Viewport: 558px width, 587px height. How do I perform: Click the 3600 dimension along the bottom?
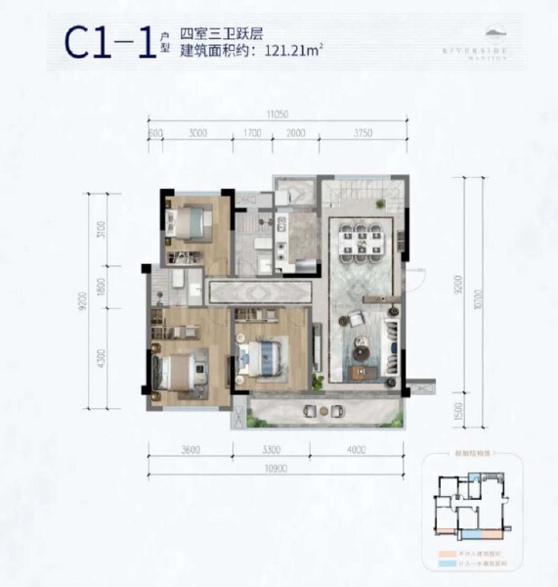pyautogui.click(x=191, y=450)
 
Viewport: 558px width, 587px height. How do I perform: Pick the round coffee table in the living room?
pyautogui.click(x=359, y=346)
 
